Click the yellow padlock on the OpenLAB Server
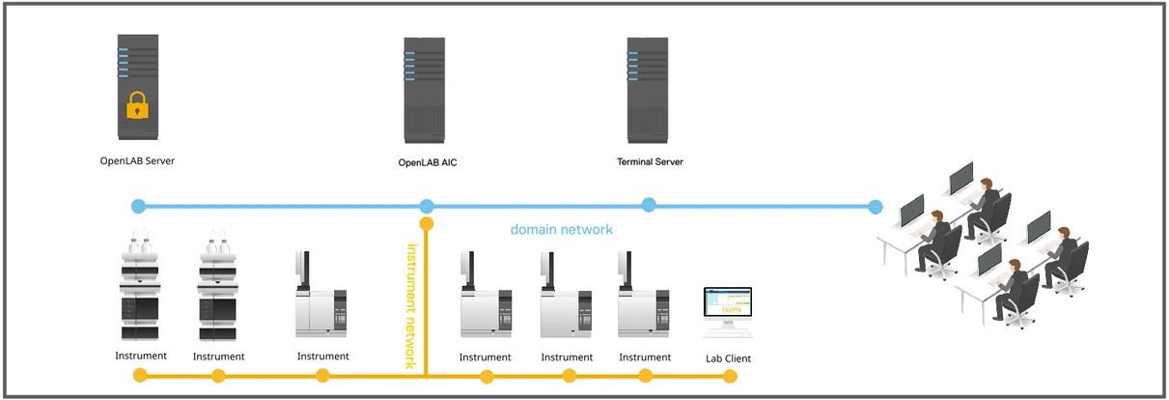pyautogui.click(x=137, y=105)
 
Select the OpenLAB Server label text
pyautogui.click(x=137, y=160)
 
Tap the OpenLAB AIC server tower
pyautogui.click(x=424, y=89)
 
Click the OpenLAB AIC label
pyautogui.click(x=428, y=162)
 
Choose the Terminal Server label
pyautogui.click(x=650, y=161)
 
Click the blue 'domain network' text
pyautogui.click(x=562, y=230)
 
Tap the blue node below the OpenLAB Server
pyautogui.click(x=138, y=206)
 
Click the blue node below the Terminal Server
pyautogui.click(x=649, y=204)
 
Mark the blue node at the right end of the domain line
pyautogui.click(x=876, y=206)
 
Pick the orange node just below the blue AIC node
pyautogui.click(x=427, y=224)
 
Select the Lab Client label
pyautogui.click(x=728, y=358)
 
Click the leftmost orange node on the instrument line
pyautogui.click(x=141, y=375)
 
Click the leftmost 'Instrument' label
pyautogui.click(x=141, y=356)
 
